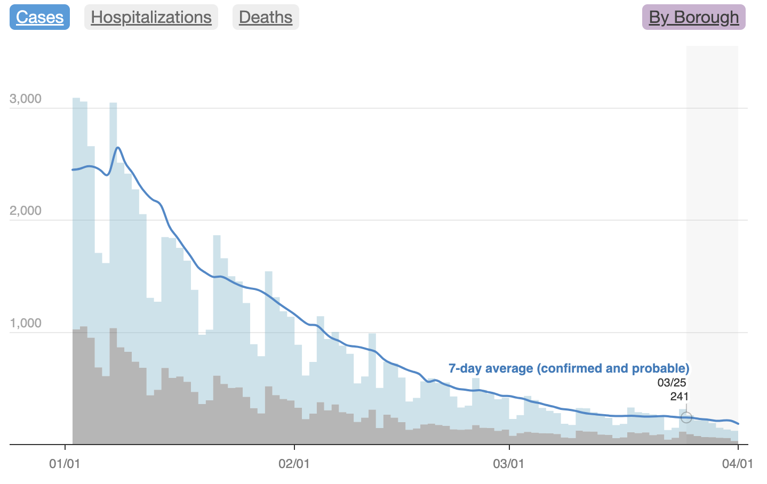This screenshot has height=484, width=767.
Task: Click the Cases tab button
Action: tap(39, 17)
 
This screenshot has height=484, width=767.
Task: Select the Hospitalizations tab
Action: tap(151, 17)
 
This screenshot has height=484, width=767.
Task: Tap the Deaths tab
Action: tap(266, 17)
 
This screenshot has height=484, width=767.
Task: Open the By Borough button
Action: tap(693, 17)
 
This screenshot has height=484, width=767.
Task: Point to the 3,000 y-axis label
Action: tap(26, 99)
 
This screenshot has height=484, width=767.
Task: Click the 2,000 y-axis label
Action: tap(26, 211)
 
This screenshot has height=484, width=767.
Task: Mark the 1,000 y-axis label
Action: tap(26, 324)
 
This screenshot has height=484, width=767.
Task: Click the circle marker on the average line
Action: tap(686, 417)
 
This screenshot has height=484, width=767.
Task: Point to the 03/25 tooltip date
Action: tap(672, 383)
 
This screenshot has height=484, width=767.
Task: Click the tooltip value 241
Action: tap(679, 397)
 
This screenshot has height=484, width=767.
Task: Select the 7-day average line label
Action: tap(569, 368)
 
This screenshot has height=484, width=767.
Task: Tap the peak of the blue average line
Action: tap(118, 148)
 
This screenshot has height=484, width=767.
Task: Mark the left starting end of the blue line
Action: tap(73, 170)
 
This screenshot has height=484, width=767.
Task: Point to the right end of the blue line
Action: tap(738, 424)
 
